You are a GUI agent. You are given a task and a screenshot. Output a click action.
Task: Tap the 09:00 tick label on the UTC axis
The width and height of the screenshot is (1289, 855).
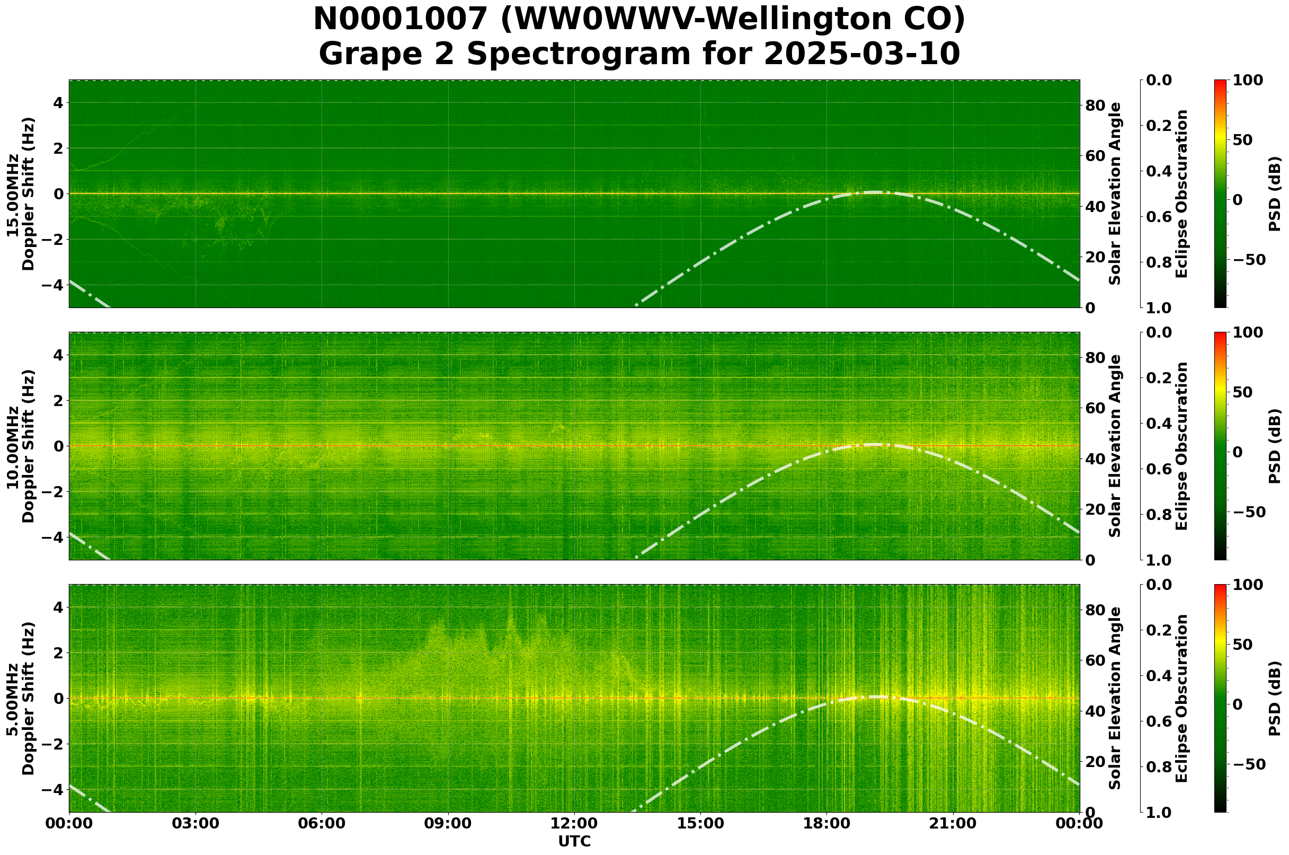[x=448, y=823]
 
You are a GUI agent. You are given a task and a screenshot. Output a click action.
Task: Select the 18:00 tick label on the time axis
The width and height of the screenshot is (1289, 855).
[x=826, y=823]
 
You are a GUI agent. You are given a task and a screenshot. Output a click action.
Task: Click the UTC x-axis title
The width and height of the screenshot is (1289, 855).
[x=574, y=842]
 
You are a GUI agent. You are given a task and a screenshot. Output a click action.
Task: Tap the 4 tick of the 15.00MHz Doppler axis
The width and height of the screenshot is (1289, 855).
[x=57, y=103]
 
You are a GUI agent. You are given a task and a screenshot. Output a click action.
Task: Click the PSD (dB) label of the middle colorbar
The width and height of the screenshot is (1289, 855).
[x=1274, y=446]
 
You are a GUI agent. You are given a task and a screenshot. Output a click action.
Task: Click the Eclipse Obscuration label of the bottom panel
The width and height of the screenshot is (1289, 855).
[x=1181, y=699]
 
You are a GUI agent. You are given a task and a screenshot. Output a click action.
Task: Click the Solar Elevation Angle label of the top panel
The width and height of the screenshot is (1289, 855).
[x=1115, y=193]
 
